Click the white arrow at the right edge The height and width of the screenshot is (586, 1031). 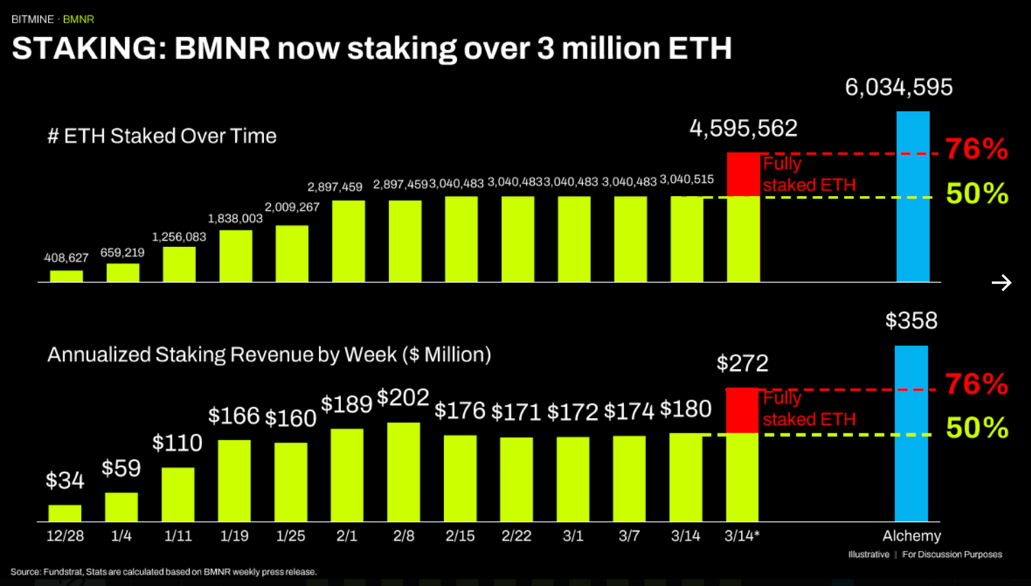coord(1001,283)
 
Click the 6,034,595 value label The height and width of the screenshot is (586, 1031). coord(898,87)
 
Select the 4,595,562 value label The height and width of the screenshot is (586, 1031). coord(743,128)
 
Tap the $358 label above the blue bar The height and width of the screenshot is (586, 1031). coord(911,321)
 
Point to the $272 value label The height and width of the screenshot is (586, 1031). coord(742,363)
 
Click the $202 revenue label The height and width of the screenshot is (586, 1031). coord(403,398)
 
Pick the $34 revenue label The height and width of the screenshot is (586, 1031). coord(65,480)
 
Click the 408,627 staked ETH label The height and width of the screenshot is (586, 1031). coord(66,258)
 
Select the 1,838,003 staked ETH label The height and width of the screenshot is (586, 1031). coord(235,219)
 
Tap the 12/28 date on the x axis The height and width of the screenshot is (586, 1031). coord(65,536)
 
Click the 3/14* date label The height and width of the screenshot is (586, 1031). coord(742,536)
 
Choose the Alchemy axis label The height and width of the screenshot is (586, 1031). coord(911,536)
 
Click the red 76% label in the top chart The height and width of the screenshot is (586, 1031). coord(976,149)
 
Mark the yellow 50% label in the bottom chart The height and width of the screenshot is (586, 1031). coord(977,428)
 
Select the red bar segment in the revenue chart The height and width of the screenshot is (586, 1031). coord(742,411)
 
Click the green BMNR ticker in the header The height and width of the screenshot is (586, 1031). coord(78,19)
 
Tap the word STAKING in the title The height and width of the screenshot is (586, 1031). coord(89,49)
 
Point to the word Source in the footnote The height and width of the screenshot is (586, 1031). coord(25,572)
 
